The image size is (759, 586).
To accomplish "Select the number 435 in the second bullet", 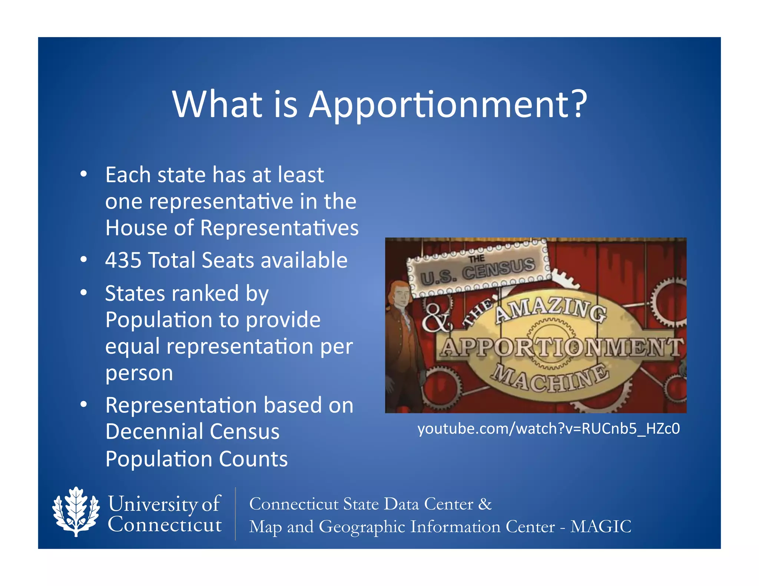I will point(123,260).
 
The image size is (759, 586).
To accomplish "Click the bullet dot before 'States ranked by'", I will point(84,293).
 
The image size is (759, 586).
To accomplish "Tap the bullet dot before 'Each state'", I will point(84,174).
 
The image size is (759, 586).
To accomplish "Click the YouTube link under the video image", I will point(548,429).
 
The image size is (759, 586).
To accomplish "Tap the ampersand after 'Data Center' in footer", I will point(485,504).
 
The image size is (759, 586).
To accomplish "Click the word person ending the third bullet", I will point(139,373).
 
